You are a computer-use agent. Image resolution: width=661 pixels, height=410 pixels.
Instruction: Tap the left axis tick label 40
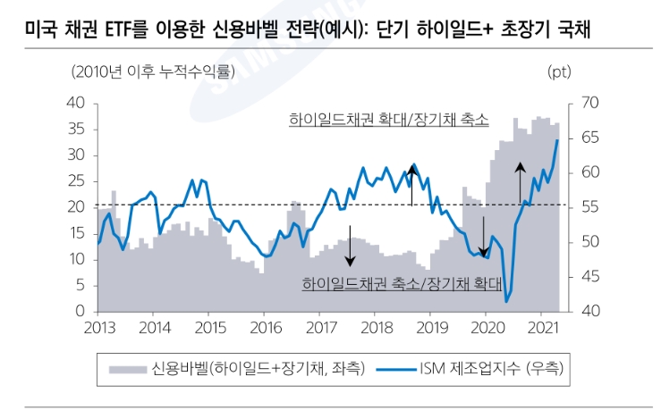[x=74, y=104]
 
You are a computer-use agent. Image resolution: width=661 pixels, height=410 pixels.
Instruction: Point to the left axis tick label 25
[x=74, y=181]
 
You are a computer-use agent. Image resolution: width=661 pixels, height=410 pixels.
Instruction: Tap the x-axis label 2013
[x=98, y=327]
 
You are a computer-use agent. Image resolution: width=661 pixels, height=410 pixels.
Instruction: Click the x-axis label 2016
[x=264, y=327]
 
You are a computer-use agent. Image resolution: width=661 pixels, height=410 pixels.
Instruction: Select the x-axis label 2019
[x=429, y=327]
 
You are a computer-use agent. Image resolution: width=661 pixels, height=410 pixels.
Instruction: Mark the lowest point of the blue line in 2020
[x=506, y=302]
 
